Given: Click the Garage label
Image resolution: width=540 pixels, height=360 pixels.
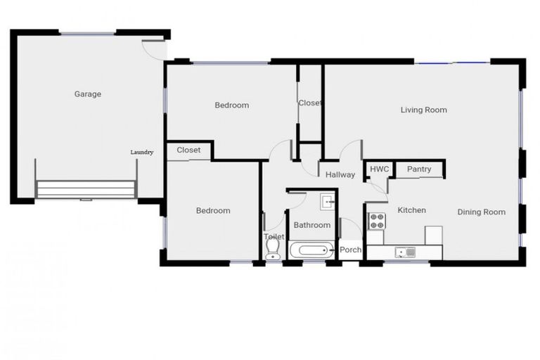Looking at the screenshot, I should click(x=88, y=94).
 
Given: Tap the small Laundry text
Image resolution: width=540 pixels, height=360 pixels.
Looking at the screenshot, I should click(x=142, y=152).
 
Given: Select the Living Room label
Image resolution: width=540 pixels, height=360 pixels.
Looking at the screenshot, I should click(x=423, y=110).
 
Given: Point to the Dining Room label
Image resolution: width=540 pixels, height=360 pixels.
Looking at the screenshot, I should click(x=481, y=212).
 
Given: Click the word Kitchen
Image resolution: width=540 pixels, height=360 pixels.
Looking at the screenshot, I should click(x=412, y=210).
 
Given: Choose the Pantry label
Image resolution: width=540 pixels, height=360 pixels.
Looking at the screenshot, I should click(x=419, y=169).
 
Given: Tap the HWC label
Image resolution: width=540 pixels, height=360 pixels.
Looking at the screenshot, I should click(x=380, y=169).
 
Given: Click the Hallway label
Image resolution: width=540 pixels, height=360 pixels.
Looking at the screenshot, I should click(x=340, y=175).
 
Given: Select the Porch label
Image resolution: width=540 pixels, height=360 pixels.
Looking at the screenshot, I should click(x=350, y=250).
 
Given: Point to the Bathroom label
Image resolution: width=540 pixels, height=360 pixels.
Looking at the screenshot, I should click(x=311, y=225).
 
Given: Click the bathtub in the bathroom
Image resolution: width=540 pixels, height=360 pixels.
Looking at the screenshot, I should click(x=313, y=250).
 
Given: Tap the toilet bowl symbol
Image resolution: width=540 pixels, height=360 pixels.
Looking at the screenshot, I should click(x=274, y=251).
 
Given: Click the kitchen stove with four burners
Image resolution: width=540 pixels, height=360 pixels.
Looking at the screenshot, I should click(x=378, y=221).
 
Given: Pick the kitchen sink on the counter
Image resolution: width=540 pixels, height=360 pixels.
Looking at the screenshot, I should click(x=405, y=251).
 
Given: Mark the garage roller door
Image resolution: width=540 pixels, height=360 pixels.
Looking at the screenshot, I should click(x=85, y=190).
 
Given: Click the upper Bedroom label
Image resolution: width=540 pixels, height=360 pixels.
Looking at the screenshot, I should click(x=231, y=105).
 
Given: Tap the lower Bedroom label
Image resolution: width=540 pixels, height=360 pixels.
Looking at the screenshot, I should click(x=212, y=211).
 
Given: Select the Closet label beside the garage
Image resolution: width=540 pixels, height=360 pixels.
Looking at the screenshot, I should click(x=188, y=150).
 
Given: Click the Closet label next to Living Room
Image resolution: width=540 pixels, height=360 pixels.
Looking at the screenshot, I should click(x=310, y=103).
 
